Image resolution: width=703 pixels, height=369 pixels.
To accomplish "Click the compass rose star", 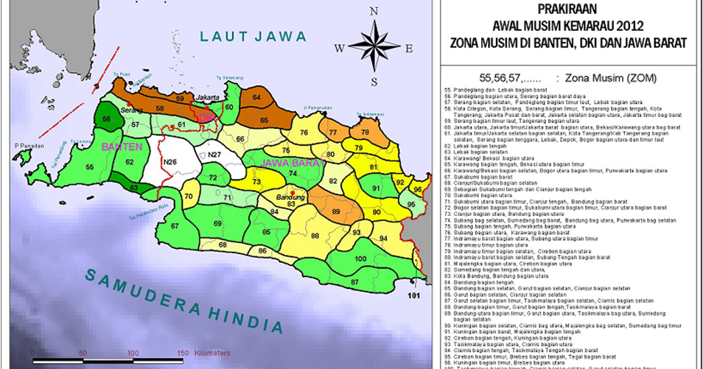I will tap(374, 45).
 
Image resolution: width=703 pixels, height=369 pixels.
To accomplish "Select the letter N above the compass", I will tap(374, 11).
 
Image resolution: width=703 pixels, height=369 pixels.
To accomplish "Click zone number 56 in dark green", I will tap(107, 119).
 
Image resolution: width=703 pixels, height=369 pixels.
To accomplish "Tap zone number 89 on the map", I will tap(337, 211).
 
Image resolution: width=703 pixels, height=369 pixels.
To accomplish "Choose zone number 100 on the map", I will tap(360, 259).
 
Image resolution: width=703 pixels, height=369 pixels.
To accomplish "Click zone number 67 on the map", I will tap(175, 226).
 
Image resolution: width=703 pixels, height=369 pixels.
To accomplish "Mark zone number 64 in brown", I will tap(256, 96).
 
